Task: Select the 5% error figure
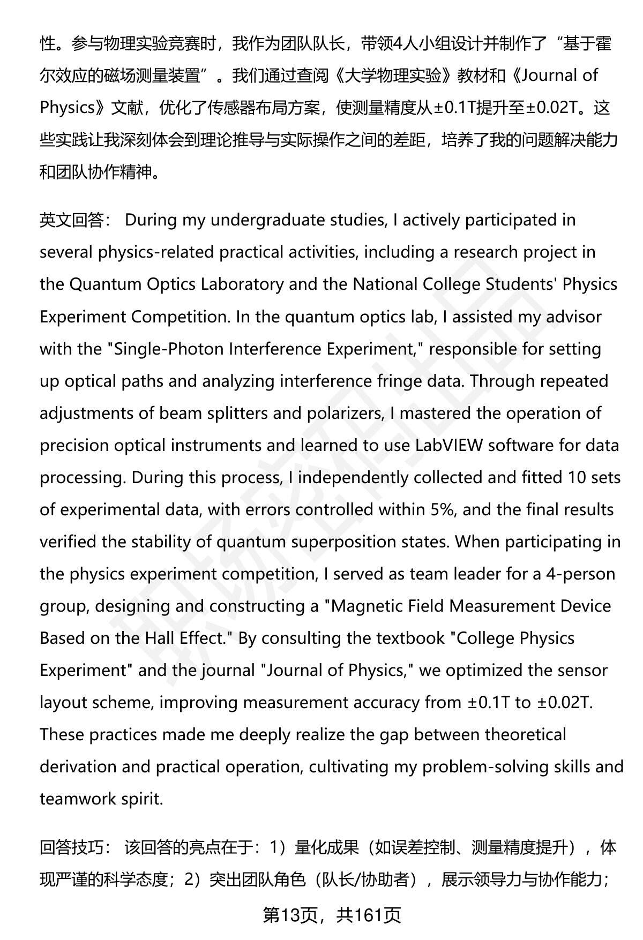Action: pos(443,509)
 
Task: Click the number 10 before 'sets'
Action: pos(576,477)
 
